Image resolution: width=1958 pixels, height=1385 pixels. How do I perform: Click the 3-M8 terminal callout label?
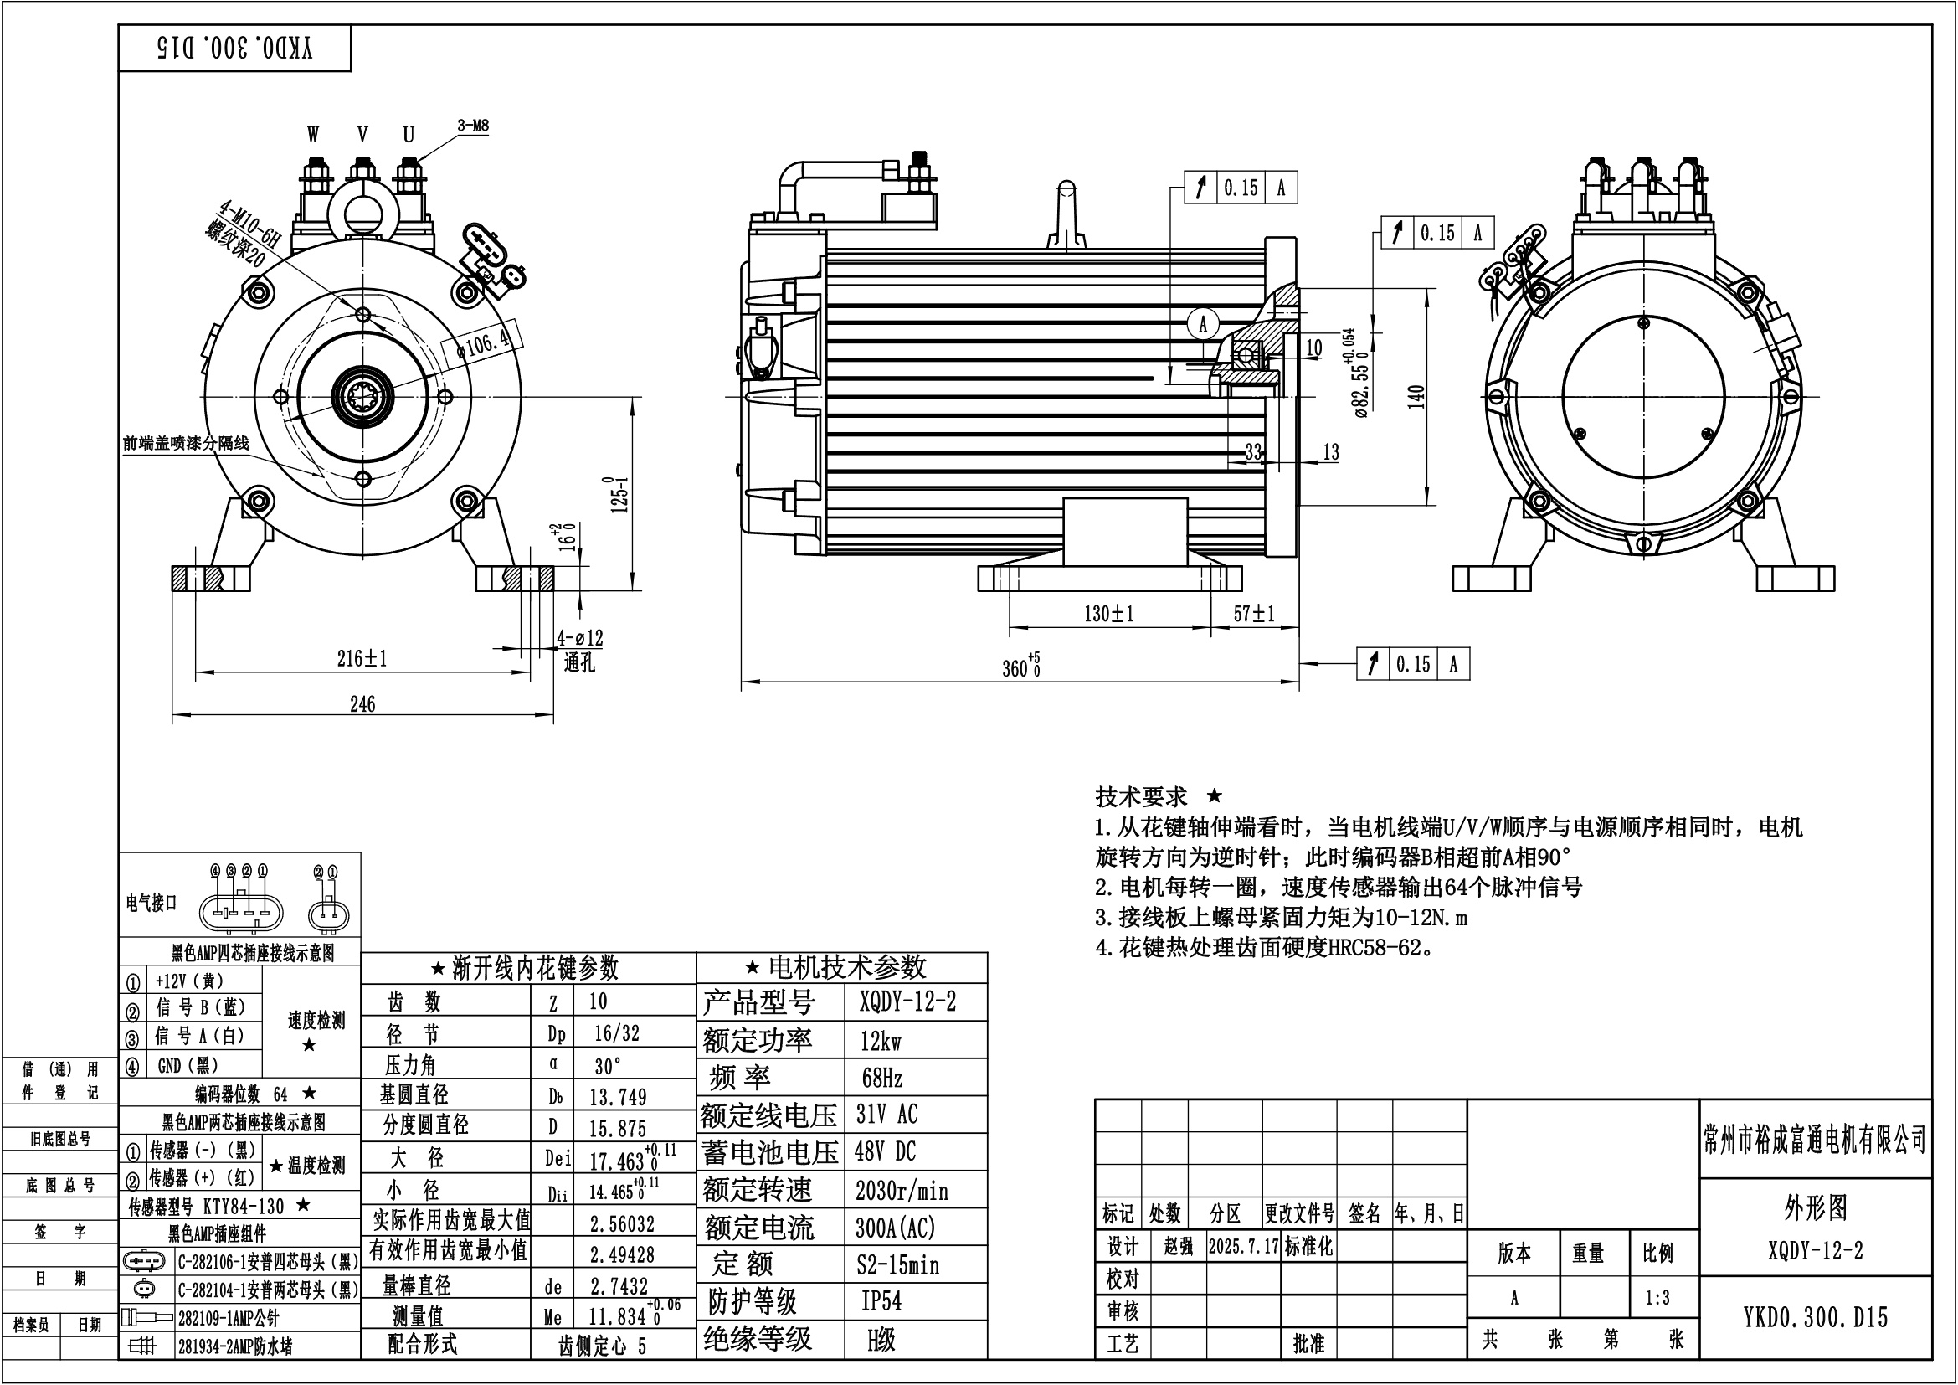[473, 126]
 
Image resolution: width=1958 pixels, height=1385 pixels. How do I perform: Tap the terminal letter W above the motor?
[313, 135]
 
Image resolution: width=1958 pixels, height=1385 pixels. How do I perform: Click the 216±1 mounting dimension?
[362, 658]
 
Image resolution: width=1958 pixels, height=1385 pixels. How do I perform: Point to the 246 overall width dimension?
[362, 704]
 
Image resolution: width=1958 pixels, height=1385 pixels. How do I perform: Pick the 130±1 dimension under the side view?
[1108, 614]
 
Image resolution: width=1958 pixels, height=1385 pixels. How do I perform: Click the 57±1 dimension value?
[1255, 613]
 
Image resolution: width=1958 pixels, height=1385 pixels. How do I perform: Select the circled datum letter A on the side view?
[1203, 324]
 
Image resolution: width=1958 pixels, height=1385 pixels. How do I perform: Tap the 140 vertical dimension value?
[1416, 397]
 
